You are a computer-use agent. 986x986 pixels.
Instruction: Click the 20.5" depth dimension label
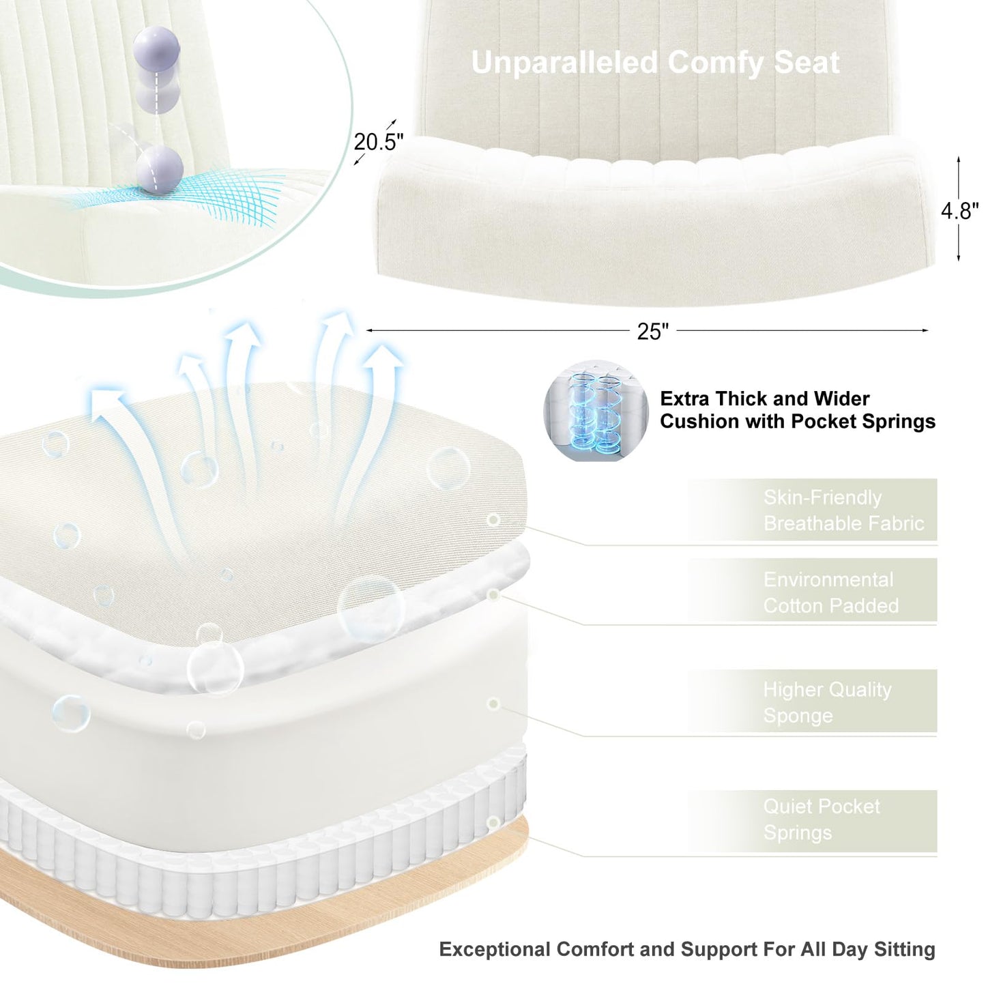(379, 142)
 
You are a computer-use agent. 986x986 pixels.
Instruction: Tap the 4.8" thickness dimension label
(960, 210)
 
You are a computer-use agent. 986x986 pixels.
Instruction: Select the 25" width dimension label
(652, 332)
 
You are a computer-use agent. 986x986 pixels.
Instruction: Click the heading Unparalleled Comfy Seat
(656, 62)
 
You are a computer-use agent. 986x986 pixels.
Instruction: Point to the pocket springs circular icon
(596, 410)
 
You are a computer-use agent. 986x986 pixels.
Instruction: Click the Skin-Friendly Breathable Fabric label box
(813, 510)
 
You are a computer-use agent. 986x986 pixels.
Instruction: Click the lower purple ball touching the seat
(159, 169)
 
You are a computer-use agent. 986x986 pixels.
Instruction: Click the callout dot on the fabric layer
(493, 520)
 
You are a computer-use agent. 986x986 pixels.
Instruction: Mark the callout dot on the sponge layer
(493, 704)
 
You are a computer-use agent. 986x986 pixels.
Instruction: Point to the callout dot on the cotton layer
(493, 594)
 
